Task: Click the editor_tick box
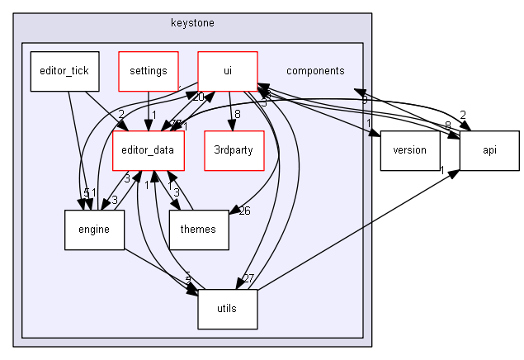[65, 71]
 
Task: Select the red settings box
[149, 71]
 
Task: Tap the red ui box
[227, 71]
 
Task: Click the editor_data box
[149, 150]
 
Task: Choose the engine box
[94, 230]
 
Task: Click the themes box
[197, 230]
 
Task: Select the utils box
[227, 309]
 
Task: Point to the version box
[410, 150]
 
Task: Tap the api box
[489, 150]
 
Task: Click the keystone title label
[193, 22]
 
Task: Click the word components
[315, 71]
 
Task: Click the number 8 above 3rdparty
[238, 115]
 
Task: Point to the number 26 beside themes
[244, 211]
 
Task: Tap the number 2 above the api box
[463, 115]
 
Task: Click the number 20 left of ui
[199, 97]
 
